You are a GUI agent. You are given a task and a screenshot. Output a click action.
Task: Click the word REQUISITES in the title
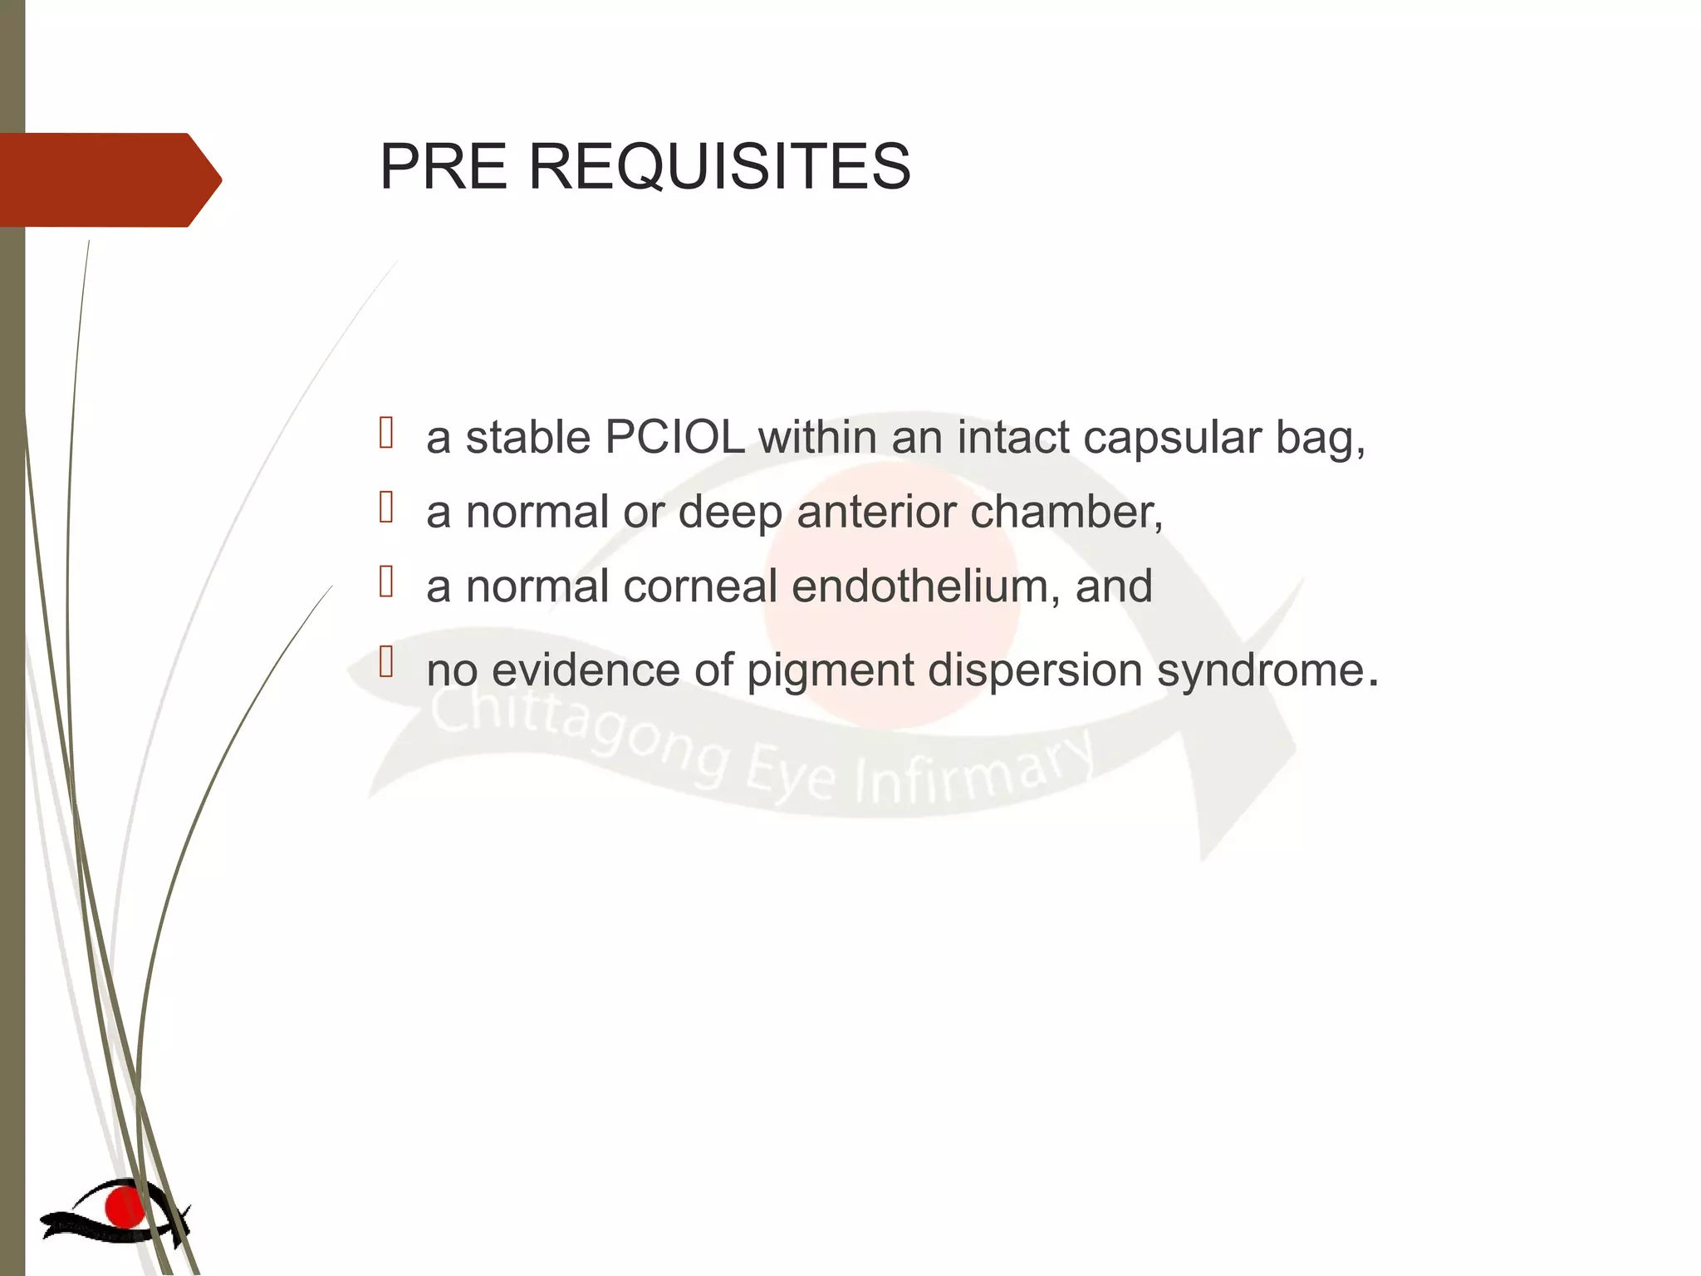[x=719, y=167]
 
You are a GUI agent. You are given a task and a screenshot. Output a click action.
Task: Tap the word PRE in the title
[x=443, y=167]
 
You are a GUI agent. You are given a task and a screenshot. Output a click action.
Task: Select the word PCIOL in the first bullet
[x=674, y=437]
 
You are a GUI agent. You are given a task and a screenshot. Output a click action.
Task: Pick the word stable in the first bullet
[x=527, y=437]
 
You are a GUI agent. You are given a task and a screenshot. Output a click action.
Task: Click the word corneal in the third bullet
[x=700, y=586]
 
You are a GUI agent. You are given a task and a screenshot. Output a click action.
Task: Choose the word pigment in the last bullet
[x=830, y=671]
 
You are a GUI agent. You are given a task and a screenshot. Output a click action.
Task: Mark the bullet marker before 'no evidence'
[x=386, y=661]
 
